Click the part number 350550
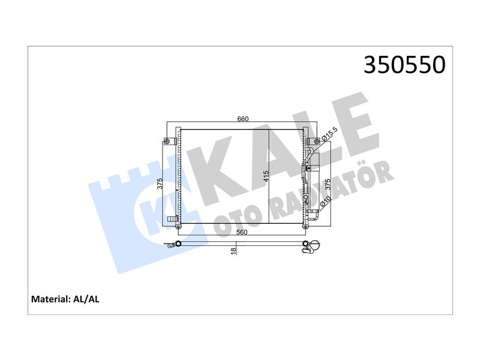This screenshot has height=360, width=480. click(x=404, y=65)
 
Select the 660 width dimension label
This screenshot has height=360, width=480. click(x=243, y=119)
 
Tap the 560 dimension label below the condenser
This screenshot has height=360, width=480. click(x=242, y=232)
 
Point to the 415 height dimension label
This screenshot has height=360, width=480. click(x=266, y=176)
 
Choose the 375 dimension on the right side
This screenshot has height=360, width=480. click(x=328, y=185)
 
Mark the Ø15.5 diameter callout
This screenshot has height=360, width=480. click(x=329, y=134)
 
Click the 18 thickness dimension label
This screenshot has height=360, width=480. click(x=233, y=251)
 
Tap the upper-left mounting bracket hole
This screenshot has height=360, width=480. click(x=167, y=141)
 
